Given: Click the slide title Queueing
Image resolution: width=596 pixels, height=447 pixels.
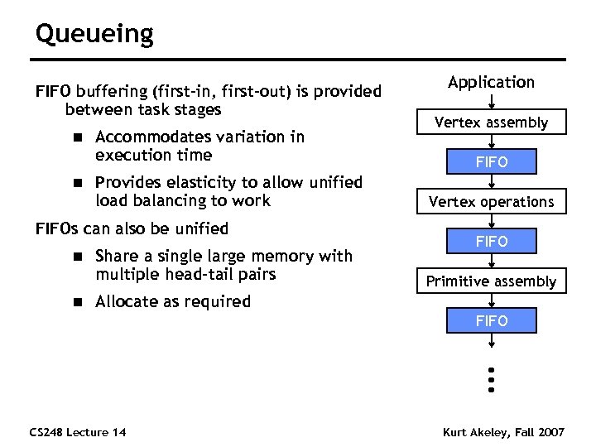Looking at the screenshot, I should (94, 35).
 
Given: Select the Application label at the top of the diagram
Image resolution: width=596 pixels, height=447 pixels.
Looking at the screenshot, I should (491, 82).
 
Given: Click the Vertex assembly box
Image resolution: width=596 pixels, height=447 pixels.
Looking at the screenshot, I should (491, 123).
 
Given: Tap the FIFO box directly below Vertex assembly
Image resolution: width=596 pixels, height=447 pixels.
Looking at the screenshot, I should (491, 162).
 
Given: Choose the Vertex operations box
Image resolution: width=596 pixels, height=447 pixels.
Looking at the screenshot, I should (491, 202).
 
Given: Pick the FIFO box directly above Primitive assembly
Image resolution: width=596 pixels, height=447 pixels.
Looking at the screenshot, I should (491, 242).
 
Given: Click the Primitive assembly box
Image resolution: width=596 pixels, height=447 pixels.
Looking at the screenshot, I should (491, 281).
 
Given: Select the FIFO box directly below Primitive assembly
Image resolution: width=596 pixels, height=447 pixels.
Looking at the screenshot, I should (491, 321).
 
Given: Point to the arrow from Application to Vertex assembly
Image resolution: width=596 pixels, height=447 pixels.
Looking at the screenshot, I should (491, 101).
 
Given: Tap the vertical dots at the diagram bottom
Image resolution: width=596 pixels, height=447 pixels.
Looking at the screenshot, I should (491, 379).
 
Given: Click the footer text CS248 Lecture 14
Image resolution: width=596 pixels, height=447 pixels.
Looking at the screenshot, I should (77, 432).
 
